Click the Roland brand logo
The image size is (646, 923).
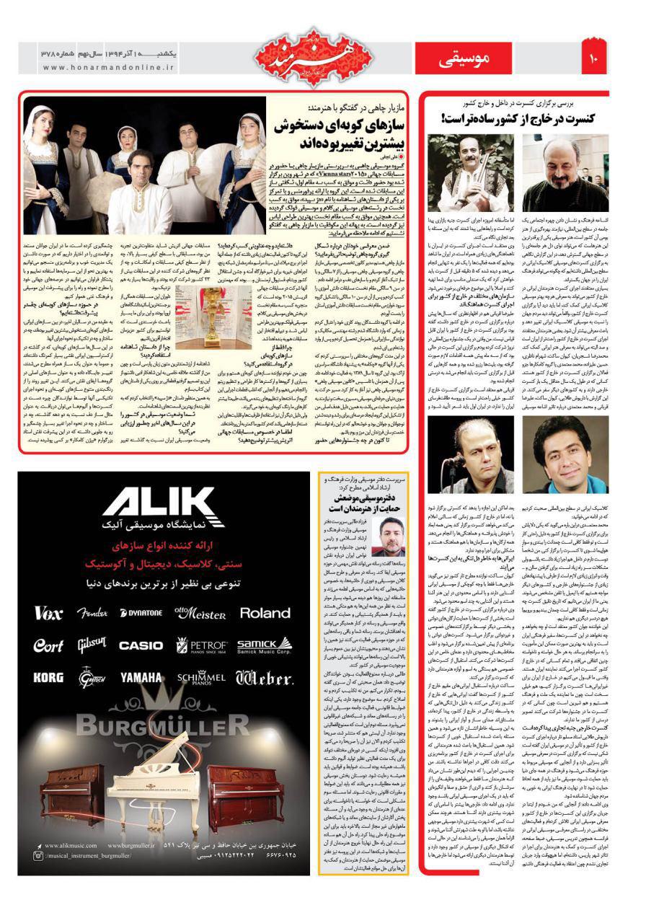click(x=265, y=613)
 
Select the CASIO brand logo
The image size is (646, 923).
click(x=140, y=645)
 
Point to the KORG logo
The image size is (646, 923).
click(x=48, y=678)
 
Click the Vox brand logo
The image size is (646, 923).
click(x=48, y=613)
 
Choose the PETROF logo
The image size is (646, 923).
click(x=202, y=645)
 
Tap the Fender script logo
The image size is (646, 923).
click(x=92, y=613)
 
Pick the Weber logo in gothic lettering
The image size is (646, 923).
click(x=264, y=677)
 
